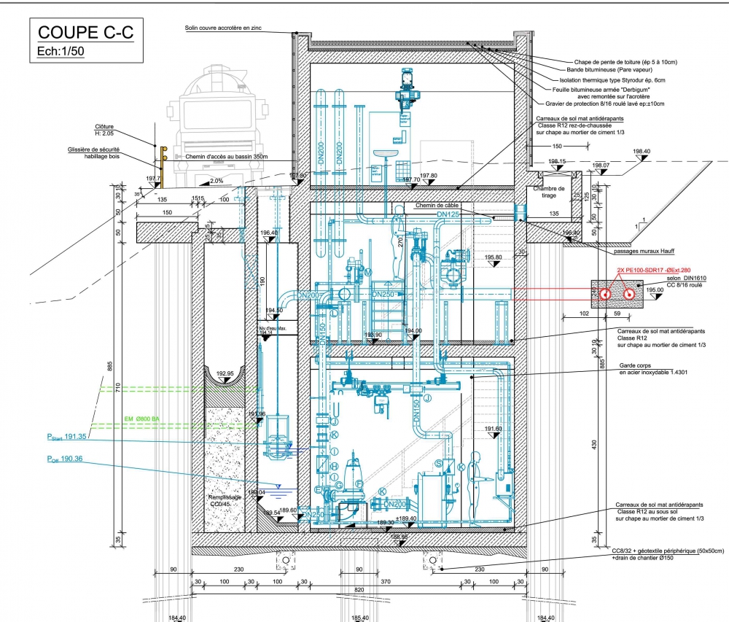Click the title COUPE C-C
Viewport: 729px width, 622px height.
85,33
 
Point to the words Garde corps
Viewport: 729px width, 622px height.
635,366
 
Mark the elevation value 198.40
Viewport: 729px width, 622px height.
642,152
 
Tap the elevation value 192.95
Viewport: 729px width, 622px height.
225,373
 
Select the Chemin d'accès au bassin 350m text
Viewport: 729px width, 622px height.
227,157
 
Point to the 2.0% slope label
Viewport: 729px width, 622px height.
217,180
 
